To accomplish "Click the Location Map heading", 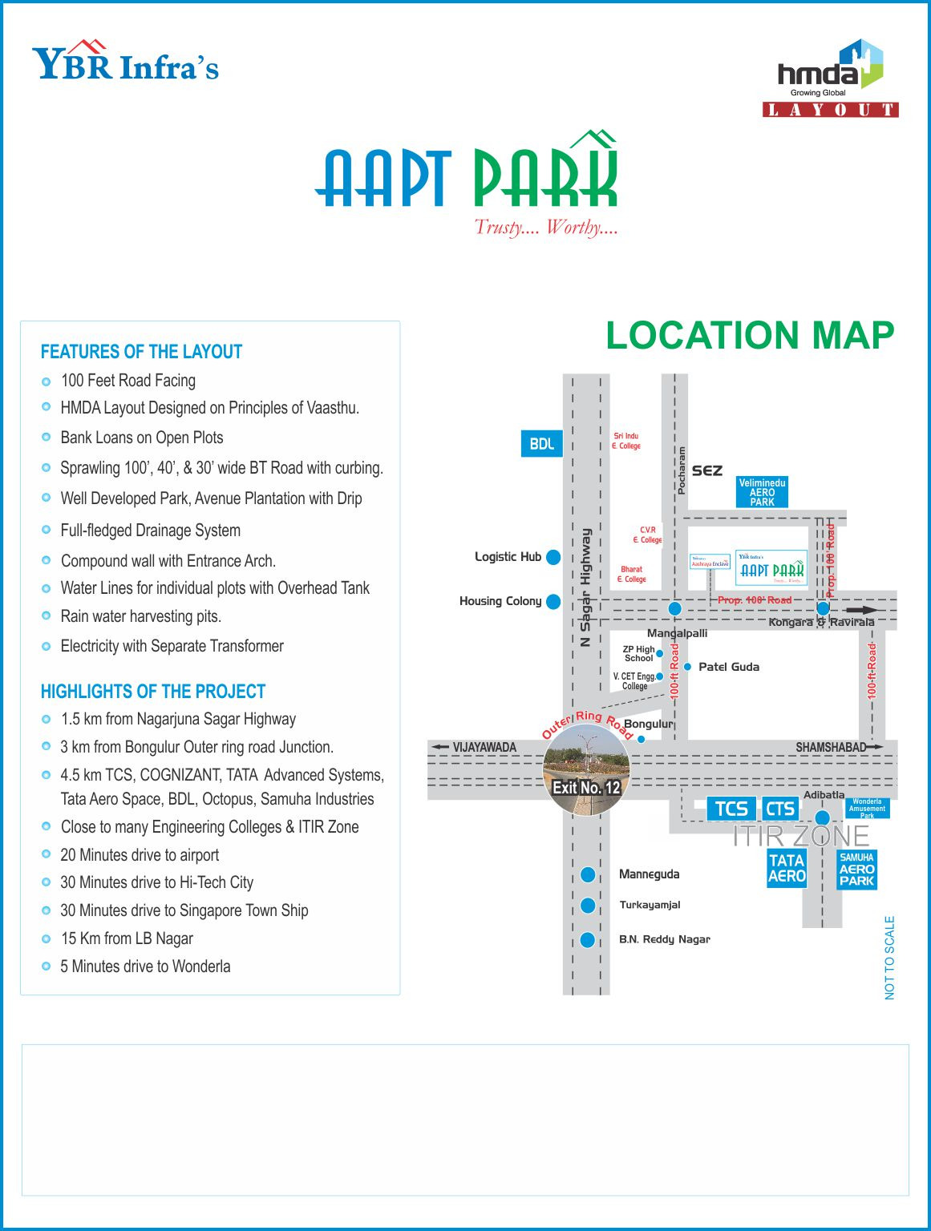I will [749, 335].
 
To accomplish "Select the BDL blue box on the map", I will [541, 443].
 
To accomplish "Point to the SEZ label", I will [706, 470].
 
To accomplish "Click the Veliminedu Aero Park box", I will [762, 492].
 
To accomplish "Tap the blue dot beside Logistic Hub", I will [553, 557].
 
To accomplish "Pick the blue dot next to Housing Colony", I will [553, 601].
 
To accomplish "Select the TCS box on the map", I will [731, 809].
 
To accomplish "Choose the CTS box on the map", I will [779, 809].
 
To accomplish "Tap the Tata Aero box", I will [787, 869].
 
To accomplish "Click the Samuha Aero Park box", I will [856, 870].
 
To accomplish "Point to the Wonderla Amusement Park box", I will [867, 808].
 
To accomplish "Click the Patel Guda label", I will [728, 667].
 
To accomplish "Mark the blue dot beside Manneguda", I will [588, 874].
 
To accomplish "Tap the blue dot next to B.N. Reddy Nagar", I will [588, 939].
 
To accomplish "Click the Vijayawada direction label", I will [484, 747].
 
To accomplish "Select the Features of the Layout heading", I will [141, 352].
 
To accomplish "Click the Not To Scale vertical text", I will [889, 957].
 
